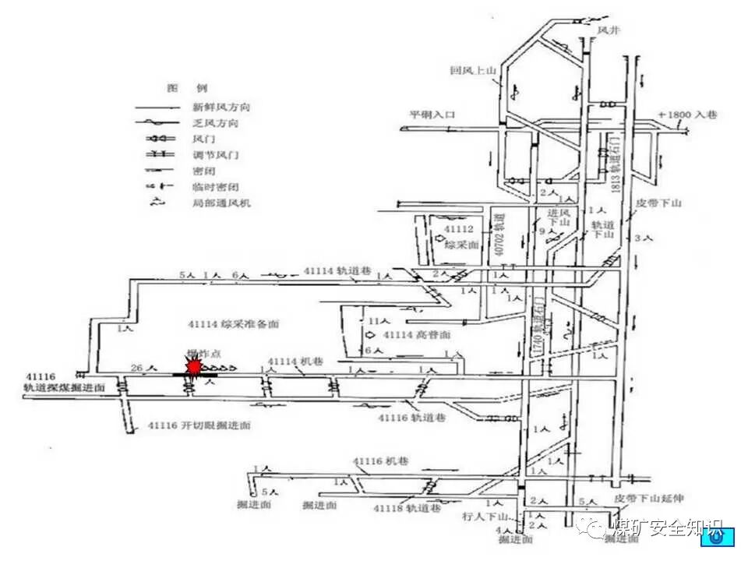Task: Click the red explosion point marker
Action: (x=192, y=367)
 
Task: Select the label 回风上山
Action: (x=472, y=70)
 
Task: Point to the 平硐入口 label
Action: (x=432, y=115)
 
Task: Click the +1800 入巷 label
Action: (x=687, y=115)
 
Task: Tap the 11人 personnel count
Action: (x=378, y=320)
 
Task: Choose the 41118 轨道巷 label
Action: (x=406, y=508)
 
